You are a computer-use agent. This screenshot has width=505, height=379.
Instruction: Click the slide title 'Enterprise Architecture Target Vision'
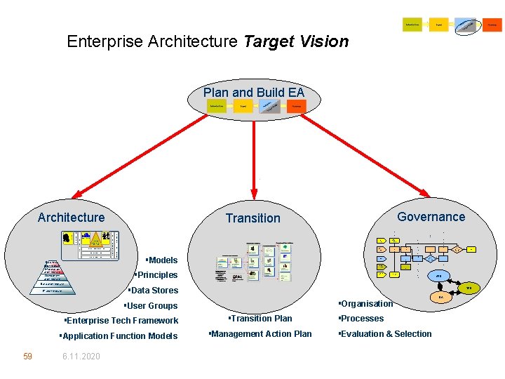208,41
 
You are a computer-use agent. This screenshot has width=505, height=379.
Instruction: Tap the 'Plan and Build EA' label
254,93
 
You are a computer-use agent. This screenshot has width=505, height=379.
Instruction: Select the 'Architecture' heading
71,218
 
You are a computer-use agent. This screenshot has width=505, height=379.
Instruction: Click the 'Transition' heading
252,218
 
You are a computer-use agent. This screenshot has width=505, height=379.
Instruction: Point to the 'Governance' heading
431,217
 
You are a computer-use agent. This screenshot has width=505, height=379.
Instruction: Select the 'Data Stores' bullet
153,291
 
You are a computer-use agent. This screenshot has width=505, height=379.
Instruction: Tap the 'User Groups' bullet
151,306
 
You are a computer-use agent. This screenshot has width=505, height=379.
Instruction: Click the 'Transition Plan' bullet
260,319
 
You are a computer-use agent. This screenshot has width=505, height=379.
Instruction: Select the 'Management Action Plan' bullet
260,334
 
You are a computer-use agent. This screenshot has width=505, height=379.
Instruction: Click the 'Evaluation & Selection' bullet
384,334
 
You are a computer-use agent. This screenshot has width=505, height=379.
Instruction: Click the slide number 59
27,357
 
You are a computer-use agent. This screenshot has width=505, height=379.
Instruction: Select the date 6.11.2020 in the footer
81,357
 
